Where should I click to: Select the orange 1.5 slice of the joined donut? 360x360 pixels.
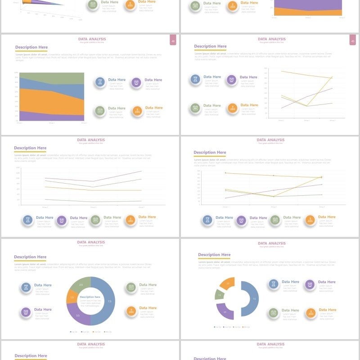(72, 297)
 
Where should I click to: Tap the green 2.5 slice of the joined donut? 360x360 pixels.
(81, 284)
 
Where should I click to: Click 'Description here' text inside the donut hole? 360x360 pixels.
(90, 297)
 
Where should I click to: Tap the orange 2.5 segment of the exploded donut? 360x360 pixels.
(228, 283)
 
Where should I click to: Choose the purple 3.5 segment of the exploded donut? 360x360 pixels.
(225, 311)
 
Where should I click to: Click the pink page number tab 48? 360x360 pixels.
(173, 41)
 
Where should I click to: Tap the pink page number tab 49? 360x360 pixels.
(353, 41)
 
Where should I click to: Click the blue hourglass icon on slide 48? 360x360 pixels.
(100, 82)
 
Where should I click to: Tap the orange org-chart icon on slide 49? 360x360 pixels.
(232, 108)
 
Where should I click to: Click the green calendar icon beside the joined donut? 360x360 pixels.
(131, 287)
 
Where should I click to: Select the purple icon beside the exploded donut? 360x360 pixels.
(310, 284)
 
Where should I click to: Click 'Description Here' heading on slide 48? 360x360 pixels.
(31, 47)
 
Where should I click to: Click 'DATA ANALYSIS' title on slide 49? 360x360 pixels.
(271, 39)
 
